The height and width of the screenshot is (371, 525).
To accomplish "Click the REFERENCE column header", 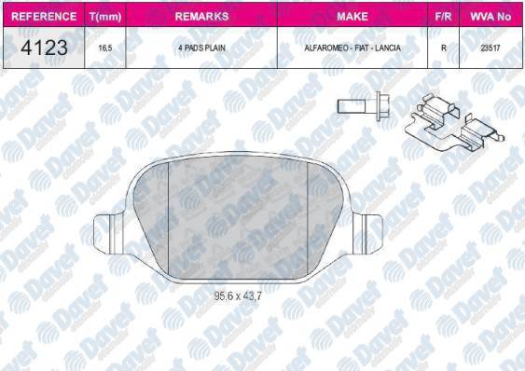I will tap(43, 17).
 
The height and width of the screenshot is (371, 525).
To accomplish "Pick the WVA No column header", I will tap(493, 17).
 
